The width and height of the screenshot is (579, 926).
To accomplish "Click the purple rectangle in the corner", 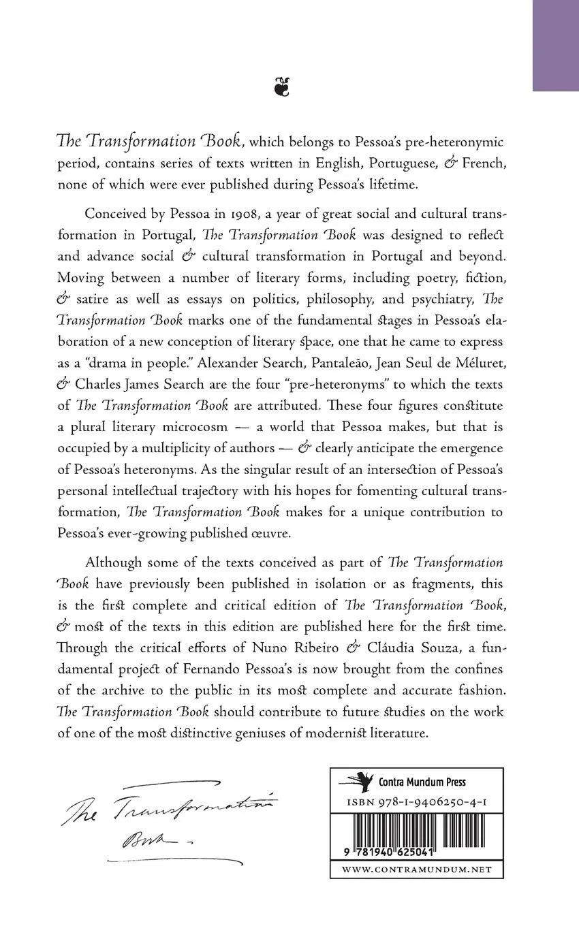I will click(555, 45).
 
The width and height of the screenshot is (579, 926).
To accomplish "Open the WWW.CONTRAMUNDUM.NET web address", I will click(416, 869).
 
